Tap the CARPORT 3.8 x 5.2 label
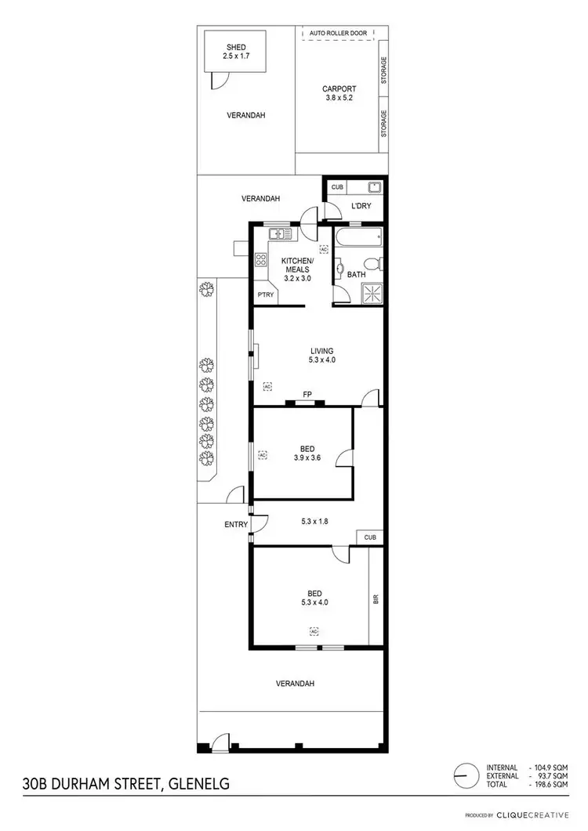click(x=339, y=93)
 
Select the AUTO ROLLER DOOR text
click(x=338, y=34)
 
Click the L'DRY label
click(x=361, y=206)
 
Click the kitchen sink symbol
click(x=279, y=233)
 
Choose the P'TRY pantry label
click(x=265, y=294)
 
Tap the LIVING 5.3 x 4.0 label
click(x=321, y=356)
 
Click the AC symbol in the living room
click(x=267, y=387)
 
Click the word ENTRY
click(x=236, y=525)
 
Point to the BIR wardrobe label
click(x=376, y=599)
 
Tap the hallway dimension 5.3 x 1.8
click(x=318, y=518)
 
